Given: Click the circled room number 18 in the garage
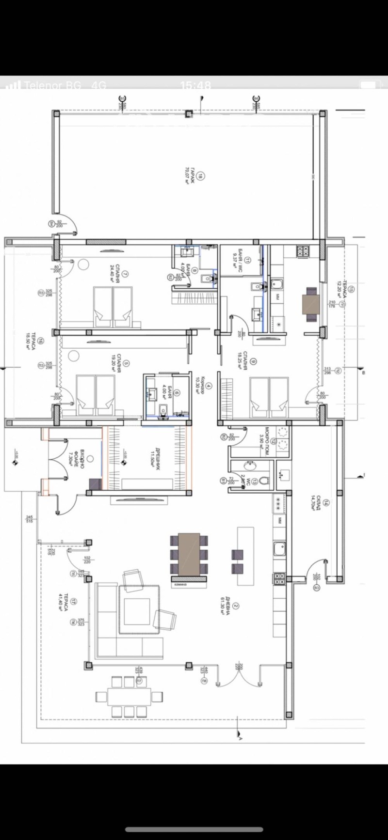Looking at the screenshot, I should point(201,176).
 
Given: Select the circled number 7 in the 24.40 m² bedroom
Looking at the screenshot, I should point(125,274).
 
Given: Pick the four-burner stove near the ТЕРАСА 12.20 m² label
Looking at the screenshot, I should point(303,251).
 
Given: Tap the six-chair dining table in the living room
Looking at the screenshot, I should point(189,554).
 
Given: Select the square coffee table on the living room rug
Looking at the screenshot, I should point(137,611).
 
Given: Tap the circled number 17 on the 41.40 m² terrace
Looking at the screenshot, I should point(73,602).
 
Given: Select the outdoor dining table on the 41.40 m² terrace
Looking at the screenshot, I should point(129,697).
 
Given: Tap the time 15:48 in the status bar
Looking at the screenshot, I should point(195,85).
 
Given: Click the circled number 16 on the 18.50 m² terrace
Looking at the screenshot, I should point(41,341).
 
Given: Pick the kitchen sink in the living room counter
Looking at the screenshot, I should point(279,548).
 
